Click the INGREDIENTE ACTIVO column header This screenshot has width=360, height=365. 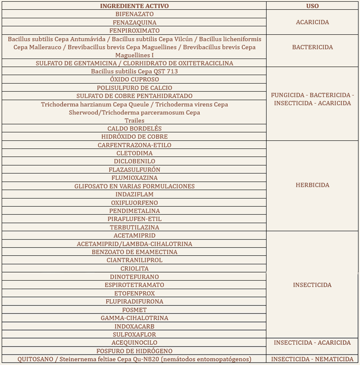[x=134, y=6]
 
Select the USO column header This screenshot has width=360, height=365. [x=312, y=6]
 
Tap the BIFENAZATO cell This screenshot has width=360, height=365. [x=134, y=14]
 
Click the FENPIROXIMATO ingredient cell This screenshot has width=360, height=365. [x=134, y=31]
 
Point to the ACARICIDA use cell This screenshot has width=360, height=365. [x=312, y=22]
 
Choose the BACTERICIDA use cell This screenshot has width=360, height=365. [x=312, y=47]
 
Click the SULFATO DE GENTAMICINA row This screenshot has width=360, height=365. [x=134, y=63]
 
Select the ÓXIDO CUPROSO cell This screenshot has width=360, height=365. [x=134, y=79]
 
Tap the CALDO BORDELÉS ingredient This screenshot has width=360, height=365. [x=134, y=128]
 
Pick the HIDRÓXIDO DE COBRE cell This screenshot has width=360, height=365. [x=134, y=137]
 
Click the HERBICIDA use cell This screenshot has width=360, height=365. [x=312, y=185]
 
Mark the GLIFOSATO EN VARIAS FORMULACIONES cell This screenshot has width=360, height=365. [x=134, y=186]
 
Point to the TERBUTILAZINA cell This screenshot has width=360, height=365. [x=134, y=227]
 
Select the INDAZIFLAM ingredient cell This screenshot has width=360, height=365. [x=134, y=194]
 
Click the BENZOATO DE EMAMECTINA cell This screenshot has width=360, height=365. [x=134, y=252]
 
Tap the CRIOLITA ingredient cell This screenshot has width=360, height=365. [x=134, y=268]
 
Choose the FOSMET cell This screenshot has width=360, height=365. [x=134, y=310]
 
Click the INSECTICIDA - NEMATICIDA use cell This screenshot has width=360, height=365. [x=312, y=359]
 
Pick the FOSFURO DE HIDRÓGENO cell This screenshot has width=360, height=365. [x=134, y=351]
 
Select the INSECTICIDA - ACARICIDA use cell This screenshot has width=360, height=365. [x=312, y=343]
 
